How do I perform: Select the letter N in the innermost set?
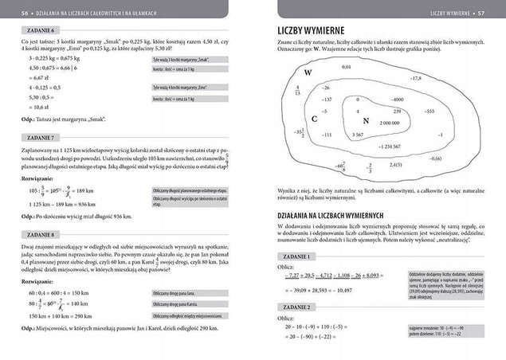[365, 120]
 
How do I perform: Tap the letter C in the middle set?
[315, 118]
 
